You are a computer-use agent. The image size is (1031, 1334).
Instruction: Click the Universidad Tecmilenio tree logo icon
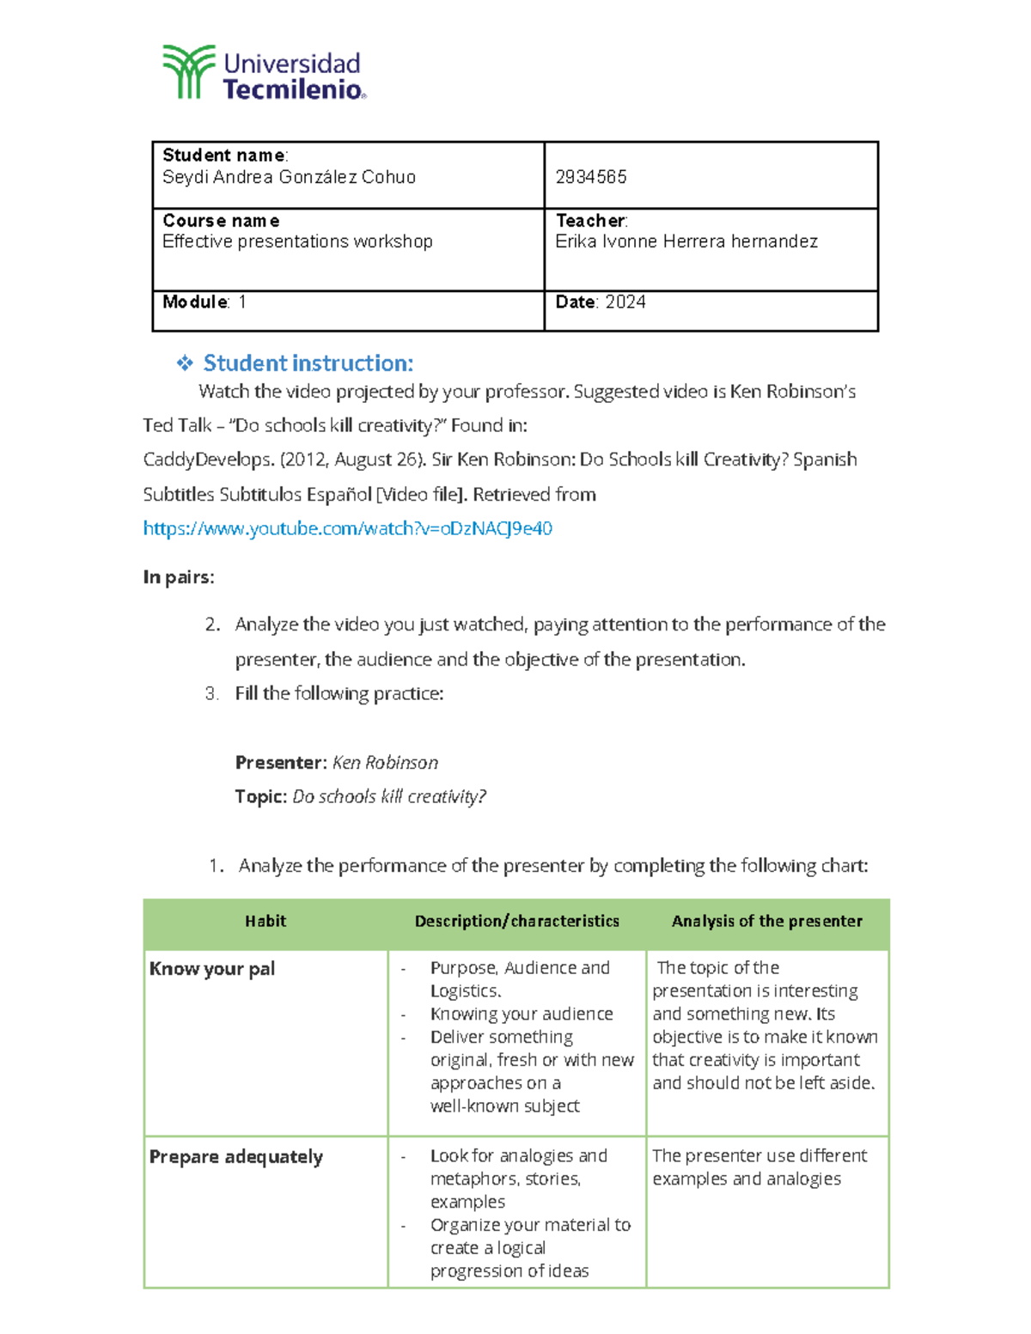point(188,72)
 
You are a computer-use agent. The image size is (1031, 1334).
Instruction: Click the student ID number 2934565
point(591,177)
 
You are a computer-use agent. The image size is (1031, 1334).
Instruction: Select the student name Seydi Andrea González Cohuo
point(289,177)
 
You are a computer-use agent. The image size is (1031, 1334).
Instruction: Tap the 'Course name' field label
point(221,221)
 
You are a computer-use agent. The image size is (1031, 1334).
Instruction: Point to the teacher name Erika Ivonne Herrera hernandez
point(686,241)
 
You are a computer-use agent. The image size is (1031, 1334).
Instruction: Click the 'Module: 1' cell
point(204,302)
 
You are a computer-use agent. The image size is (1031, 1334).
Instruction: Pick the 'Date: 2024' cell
point(601,302)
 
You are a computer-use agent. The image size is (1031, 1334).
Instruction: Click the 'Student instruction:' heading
point(308,363)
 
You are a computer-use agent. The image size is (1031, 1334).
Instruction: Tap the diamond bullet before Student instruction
point(185,363)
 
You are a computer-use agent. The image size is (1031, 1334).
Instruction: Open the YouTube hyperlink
point(347,528)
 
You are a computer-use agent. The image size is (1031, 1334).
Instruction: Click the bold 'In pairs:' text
point(179,577)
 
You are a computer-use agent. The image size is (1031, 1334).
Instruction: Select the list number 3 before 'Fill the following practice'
point(212,693)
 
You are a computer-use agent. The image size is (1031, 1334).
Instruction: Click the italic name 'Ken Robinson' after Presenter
point(385,763)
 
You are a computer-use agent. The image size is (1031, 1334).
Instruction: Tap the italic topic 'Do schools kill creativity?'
point(389,797)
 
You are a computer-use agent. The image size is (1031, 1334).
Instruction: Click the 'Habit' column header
point(265,922)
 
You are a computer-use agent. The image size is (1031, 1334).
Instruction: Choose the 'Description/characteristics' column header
point(516,922)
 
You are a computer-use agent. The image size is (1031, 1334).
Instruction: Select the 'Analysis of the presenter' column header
point(766,922)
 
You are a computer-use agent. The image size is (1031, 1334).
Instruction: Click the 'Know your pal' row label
point(212,969)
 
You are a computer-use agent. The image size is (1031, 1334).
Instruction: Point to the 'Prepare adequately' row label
point(236,1157)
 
